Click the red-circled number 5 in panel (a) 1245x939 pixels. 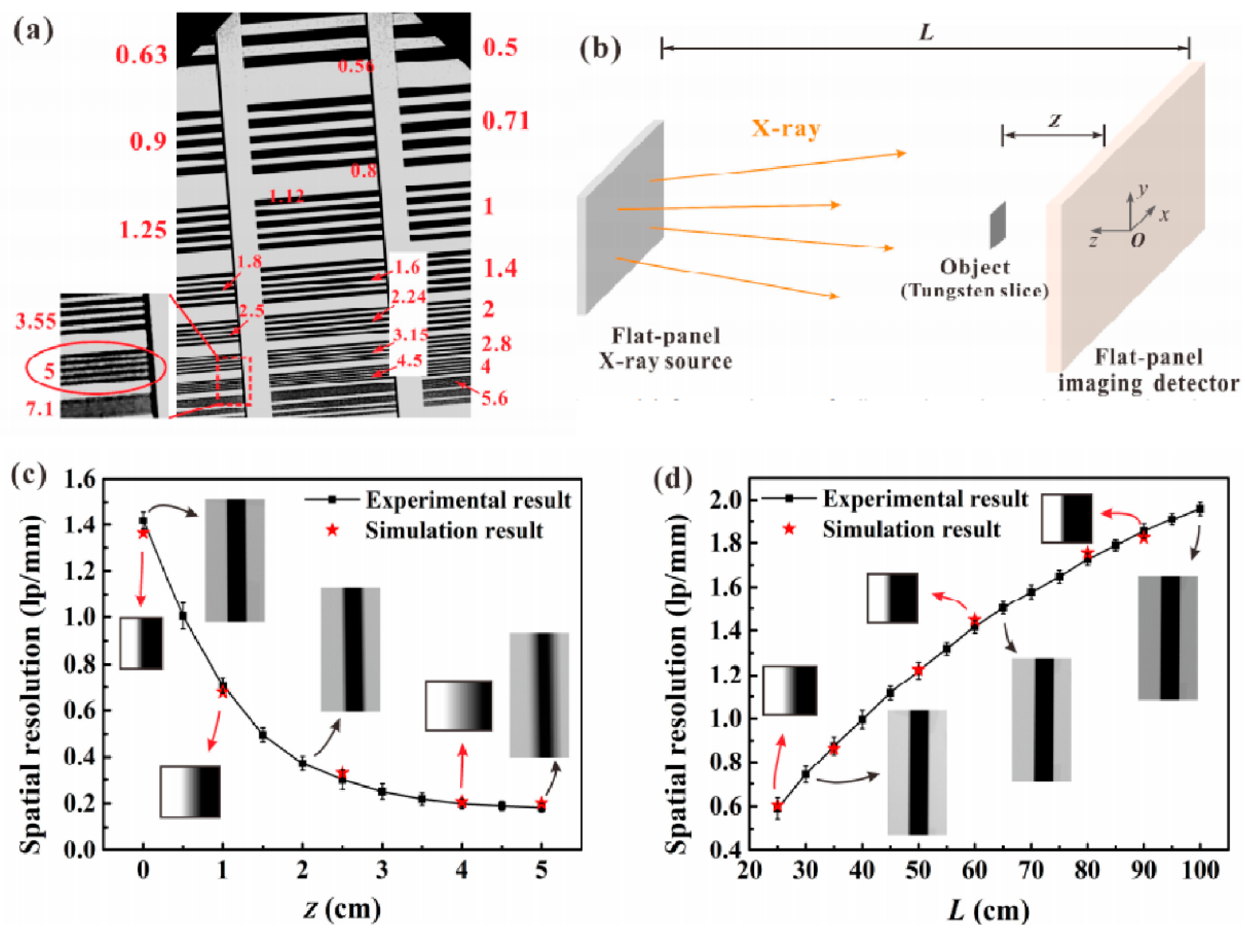[50, 370]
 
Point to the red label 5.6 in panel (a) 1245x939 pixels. [494, 399]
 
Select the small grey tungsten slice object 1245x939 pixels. [997, 225]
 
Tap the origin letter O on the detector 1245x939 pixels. [1137, 240]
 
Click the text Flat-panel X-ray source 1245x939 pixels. [665, 349]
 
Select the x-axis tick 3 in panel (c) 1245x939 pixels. [382, 870]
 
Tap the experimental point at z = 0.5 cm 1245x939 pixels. [183, 616]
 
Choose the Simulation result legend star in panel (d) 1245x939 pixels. [789, 529]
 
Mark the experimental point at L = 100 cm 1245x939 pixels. [1200, 509]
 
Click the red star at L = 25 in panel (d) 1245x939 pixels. [777, 806]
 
